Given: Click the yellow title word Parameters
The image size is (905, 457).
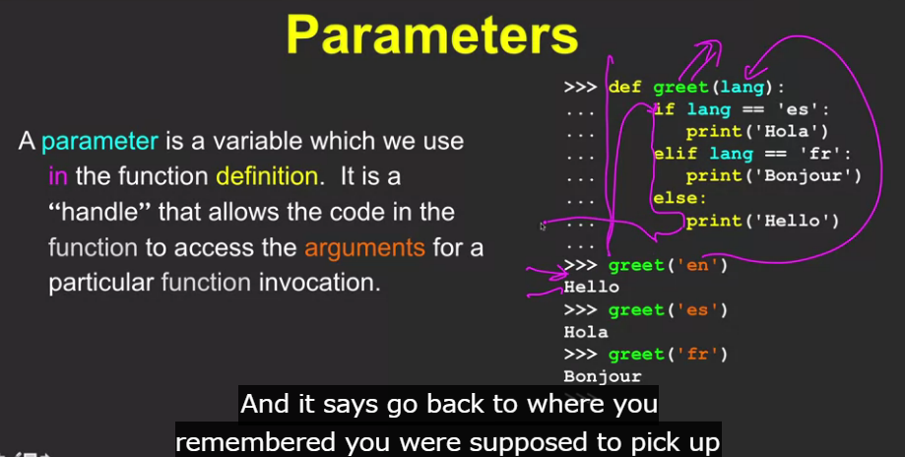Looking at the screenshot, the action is tap(431, 34).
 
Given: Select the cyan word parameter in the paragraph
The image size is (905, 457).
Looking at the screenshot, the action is tap(99, 142).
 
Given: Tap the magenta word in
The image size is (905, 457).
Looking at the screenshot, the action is tap(58, 176).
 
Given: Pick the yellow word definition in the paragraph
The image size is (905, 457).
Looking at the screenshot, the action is tap(267, 176).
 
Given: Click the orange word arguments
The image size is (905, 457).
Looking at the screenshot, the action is tap(364, 248).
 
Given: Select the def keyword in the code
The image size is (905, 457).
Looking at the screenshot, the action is tap(625, 87).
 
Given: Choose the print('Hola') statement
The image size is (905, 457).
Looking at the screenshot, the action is tap(757, 132).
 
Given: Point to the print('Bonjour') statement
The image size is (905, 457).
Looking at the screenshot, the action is tap(773, 176).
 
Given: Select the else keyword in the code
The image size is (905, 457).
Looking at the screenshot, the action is tap(679, 199).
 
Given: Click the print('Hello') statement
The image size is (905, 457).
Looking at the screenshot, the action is tap(762, 221).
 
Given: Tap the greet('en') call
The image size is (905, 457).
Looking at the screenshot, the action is tap(668, 265).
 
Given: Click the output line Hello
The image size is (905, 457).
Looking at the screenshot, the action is tap(592, 288).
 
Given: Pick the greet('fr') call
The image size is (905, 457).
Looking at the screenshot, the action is tap(668, 355).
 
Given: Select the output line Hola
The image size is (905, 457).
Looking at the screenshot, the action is tap(586, 332).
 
